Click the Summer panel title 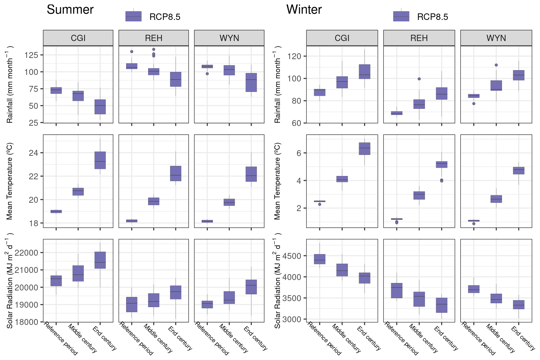click(70, 10)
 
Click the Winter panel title click(304, 10)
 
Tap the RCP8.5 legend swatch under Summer click(133, 16)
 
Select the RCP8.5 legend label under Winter click(432, 17)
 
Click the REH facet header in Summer click(154, 38)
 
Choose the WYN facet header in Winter click(496, 38)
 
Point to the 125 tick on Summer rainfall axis click(31, 55)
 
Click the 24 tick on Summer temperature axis click(33, 153)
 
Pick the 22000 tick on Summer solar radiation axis click(26, 253)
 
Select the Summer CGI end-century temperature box click(100, 160)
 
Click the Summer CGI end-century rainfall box click(100, 107)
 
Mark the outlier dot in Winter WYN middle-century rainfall click(496, 65)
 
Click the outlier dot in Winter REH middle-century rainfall click(419, 79)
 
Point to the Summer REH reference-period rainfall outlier click(132, 51)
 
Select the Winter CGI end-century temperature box click(364, 149)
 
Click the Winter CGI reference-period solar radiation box click(320, 259)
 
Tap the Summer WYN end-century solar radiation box click(251, 287)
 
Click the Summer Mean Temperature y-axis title click(10, 181)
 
